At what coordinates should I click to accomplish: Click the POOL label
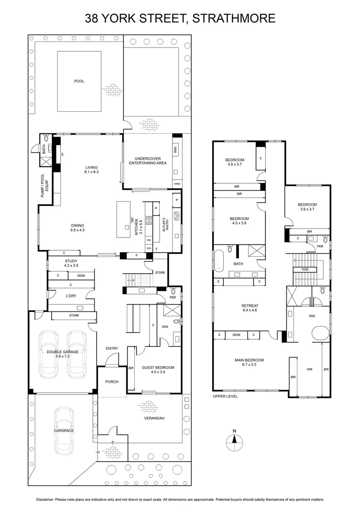79,81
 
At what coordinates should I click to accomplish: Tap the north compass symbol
234,441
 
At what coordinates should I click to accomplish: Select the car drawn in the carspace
64,430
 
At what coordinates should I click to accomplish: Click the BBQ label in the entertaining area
175,150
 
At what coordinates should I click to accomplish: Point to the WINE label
177,184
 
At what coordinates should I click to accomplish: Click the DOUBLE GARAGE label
63,352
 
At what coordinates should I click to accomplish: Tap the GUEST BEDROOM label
158,368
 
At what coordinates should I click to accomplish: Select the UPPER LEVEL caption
225,396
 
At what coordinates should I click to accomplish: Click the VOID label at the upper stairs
305,270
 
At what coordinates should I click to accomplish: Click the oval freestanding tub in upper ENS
320,333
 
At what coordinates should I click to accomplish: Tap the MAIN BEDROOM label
249,360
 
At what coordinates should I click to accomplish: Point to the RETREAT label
250,306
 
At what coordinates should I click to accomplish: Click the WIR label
310,369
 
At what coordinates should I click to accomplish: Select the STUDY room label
71,261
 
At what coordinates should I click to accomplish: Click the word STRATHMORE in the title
234,18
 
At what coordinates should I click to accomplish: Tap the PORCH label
112,382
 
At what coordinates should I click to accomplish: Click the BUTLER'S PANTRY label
166,224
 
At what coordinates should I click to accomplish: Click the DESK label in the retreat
237,335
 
